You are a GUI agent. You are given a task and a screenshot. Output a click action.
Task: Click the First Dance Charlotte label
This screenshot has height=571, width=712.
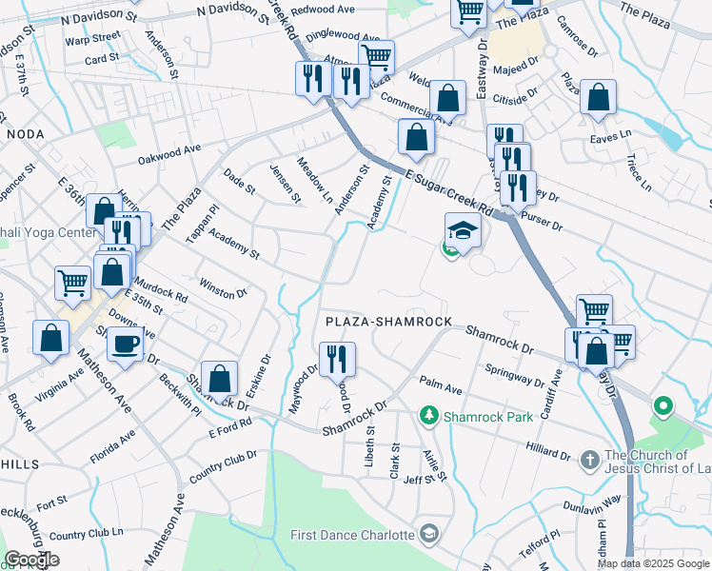click(353, 534)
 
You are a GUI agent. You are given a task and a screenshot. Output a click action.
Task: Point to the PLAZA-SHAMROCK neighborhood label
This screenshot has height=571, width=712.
click(388, 323)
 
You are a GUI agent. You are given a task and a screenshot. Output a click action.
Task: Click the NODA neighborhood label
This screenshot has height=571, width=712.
click(26, 135)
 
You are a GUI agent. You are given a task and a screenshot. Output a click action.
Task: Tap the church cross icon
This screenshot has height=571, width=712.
click(589, 460)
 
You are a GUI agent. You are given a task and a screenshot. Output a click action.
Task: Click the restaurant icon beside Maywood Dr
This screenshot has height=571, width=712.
click(337, 359)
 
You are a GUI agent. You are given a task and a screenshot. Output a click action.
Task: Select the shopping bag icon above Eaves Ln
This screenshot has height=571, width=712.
click(598, 97)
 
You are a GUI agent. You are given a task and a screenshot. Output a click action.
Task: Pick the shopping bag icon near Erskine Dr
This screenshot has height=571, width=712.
click(219, 378)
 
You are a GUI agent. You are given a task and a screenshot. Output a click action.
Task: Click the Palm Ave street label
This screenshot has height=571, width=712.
click(441, 390)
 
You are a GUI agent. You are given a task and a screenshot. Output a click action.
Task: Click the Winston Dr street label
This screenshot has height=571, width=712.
click(223, 287)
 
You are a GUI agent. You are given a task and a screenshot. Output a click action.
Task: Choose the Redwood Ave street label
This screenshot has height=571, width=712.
click(322, 10)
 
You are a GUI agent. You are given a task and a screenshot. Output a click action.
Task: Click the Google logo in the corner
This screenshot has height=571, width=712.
click(31, 560)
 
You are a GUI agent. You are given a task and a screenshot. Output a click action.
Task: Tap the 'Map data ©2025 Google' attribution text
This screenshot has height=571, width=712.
click(653, 563)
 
